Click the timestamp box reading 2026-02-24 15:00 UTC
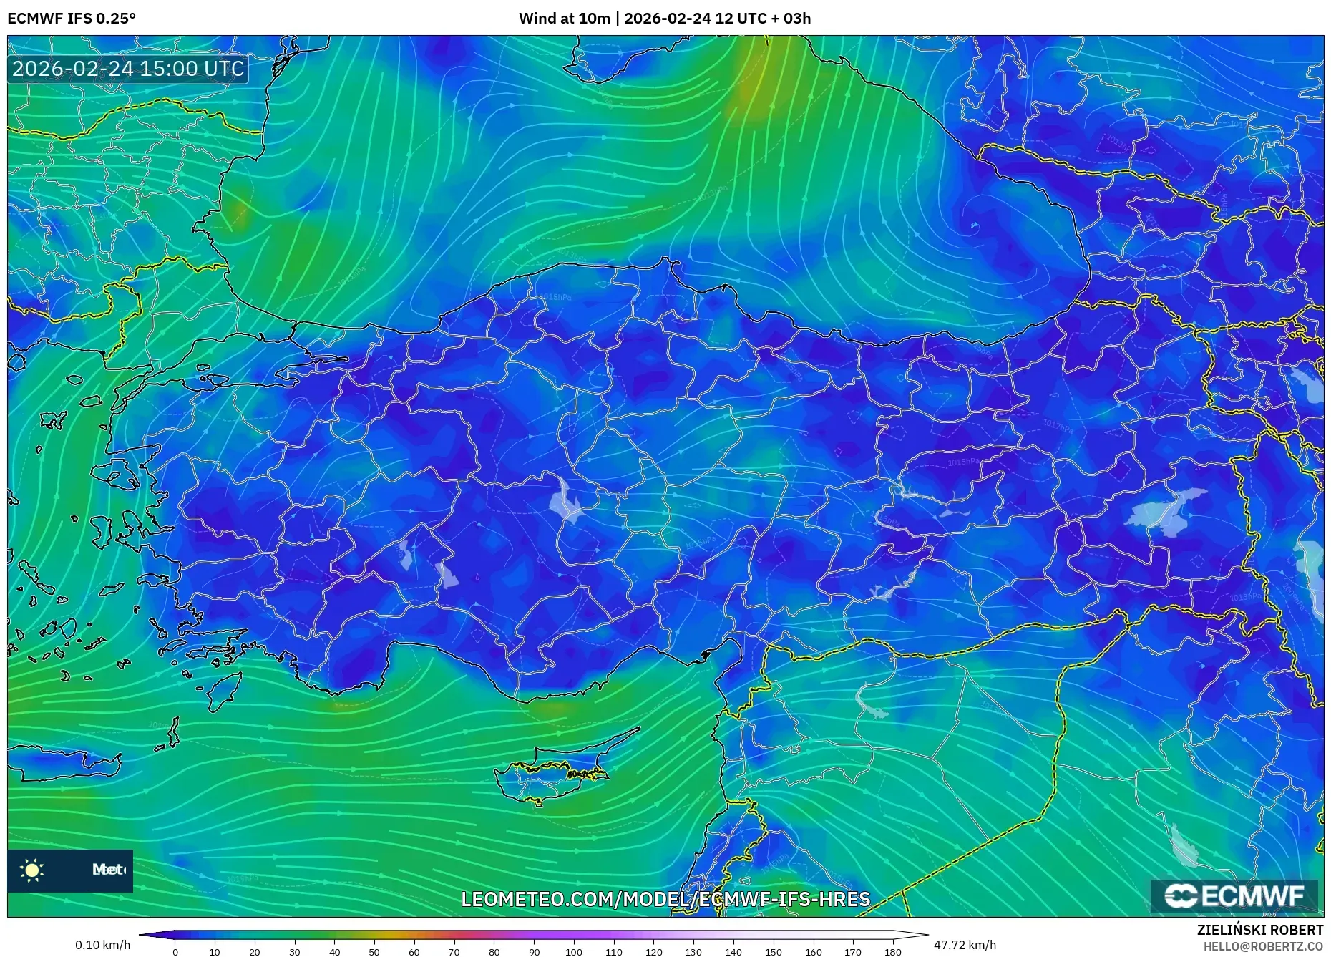point(128,69)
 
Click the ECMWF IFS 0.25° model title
point(72,19)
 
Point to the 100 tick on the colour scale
point(574,951)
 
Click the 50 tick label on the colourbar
point(374,951)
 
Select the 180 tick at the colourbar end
point(892,951)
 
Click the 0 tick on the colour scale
point(175,951)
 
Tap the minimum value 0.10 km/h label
point(103,945)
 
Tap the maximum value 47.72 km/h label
point(965,945)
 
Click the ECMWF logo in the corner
point(1234,896)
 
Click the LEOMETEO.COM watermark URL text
point(665,899)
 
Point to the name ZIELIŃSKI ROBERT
point(1260,930)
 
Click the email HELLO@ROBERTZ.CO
point(1263,946)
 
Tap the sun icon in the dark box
point(32,870)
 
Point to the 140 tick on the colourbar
point(733,951)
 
